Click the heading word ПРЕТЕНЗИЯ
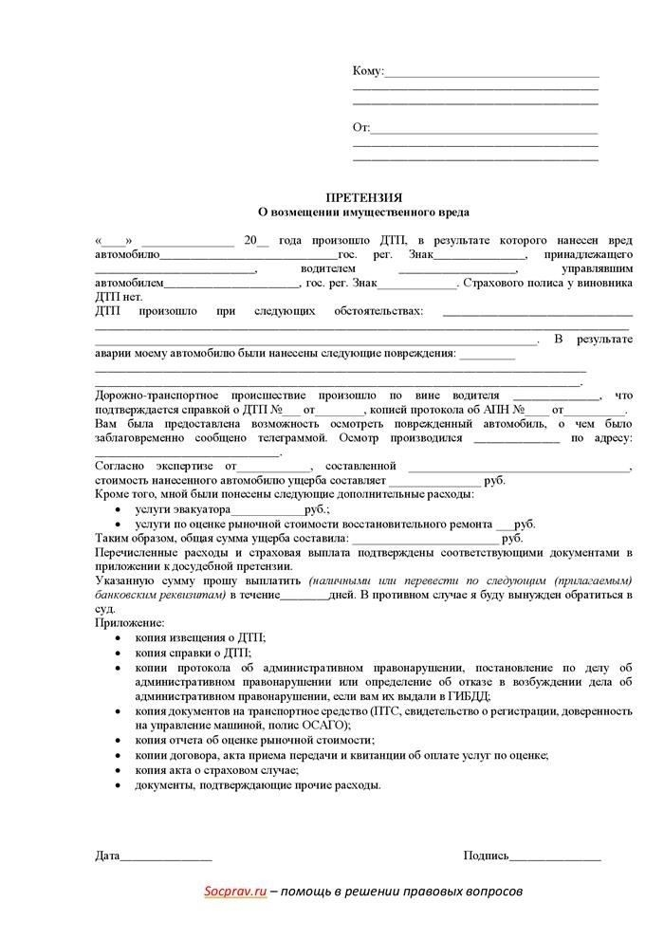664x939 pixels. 364,196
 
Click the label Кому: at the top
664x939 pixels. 368,71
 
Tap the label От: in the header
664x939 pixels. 361,128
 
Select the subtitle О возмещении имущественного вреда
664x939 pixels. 364,212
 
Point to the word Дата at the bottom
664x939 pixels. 107,856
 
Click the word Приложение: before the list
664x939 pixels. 129,622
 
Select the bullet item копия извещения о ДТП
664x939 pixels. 213,638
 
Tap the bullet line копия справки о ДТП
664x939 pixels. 194,653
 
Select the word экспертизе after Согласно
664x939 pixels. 183,466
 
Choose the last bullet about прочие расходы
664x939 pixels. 258,785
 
